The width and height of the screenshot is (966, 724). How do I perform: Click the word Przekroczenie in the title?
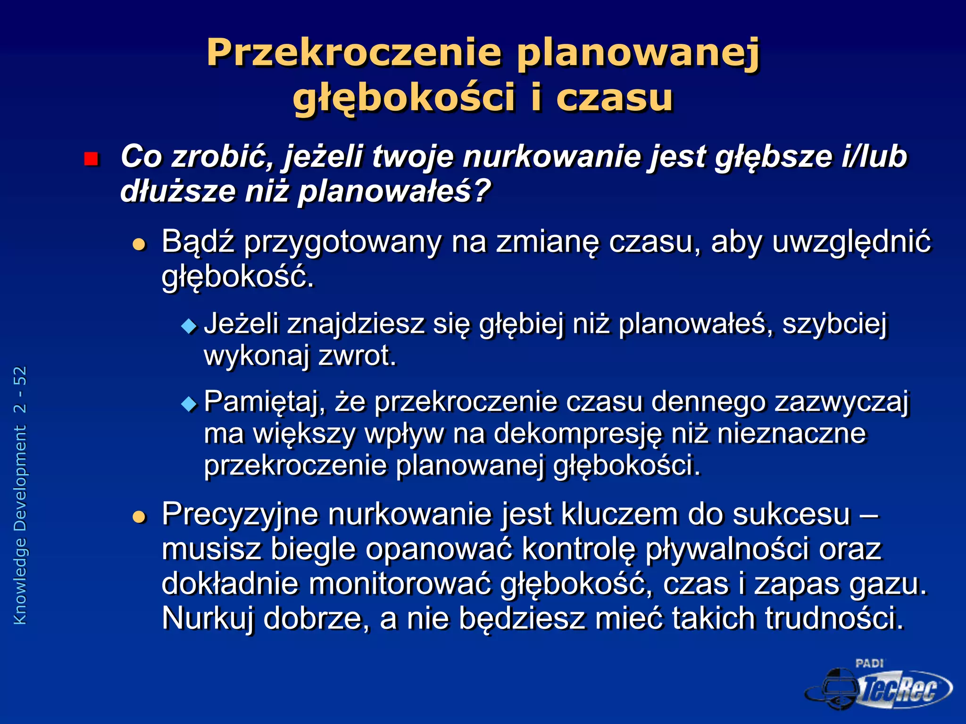point(354,53)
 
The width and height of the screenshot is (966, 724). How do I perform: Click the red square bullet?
point(91,159)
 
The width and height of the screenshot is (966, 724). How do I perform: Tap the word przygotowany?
point(343,243)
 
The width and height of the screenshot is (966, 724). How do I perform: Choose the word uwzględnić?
point(851,243)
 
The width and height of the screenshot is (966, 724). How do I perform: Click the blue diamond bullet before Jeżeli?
point(189,326)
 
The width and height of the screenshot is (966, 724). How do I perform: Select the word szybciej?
point(835,324)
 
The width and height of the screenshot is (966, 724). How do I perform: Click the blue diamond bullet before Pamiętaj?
point(189,404)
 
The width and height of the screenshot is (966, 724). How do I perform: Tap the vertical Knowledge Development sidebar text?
point(20,495)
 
